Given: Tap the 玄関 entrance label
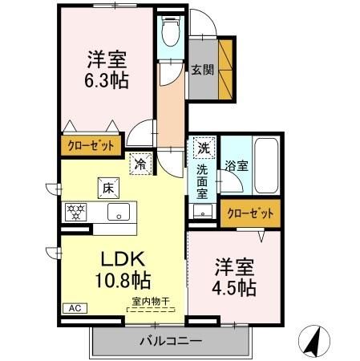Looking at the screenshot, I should (x=200, y=70).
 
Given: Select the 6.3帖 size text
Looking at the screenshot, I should (x=107, y=81).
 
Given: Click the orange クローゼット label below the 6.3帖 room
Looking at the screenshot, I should (x=91, y=146).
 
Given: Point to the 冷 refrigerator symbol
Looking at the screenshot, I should (x=141, y=164).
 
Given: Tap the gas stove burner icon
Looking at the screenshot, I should (x=76, y=213).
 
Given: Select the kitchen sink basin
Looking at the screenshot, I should (x=119, y=213).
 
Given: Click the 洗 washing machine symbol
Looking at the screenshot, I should (x=204, y=149).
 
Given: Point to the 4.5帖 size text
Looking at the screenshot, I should (x=235, y=288).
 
